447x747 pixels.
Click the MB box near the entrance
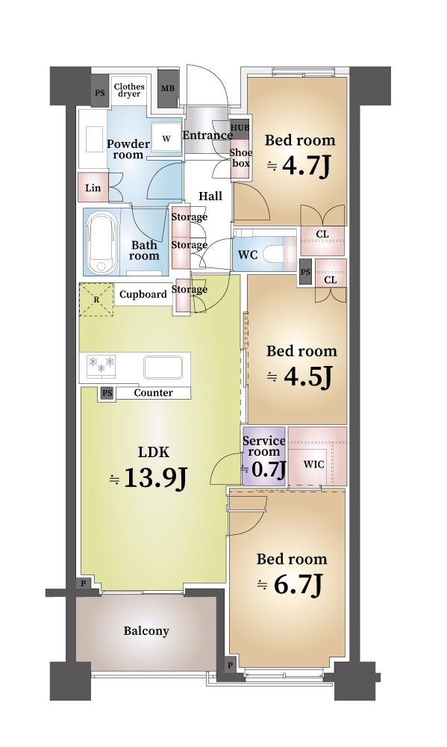click(168, 88)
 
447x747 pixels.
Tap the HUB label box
click(240, 128)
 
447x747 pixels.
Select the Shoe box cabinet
click(240, 158)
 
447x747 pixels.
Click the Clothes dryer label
click(128, 90)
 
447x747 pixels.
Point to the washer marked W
click(166, 138)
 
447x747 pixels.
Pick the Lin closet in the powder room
click(93, 188)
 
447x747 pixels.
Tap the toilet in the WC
click(281, 254)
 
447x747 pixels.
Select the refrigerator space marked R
click(96, 300)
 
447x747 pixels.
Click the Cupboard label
click(143, 294)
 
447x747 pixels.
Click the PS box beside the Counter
click(107, 393)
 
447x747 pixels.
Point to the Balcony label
click(146, 631)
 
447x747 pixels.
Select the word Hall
click(210, 196)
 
